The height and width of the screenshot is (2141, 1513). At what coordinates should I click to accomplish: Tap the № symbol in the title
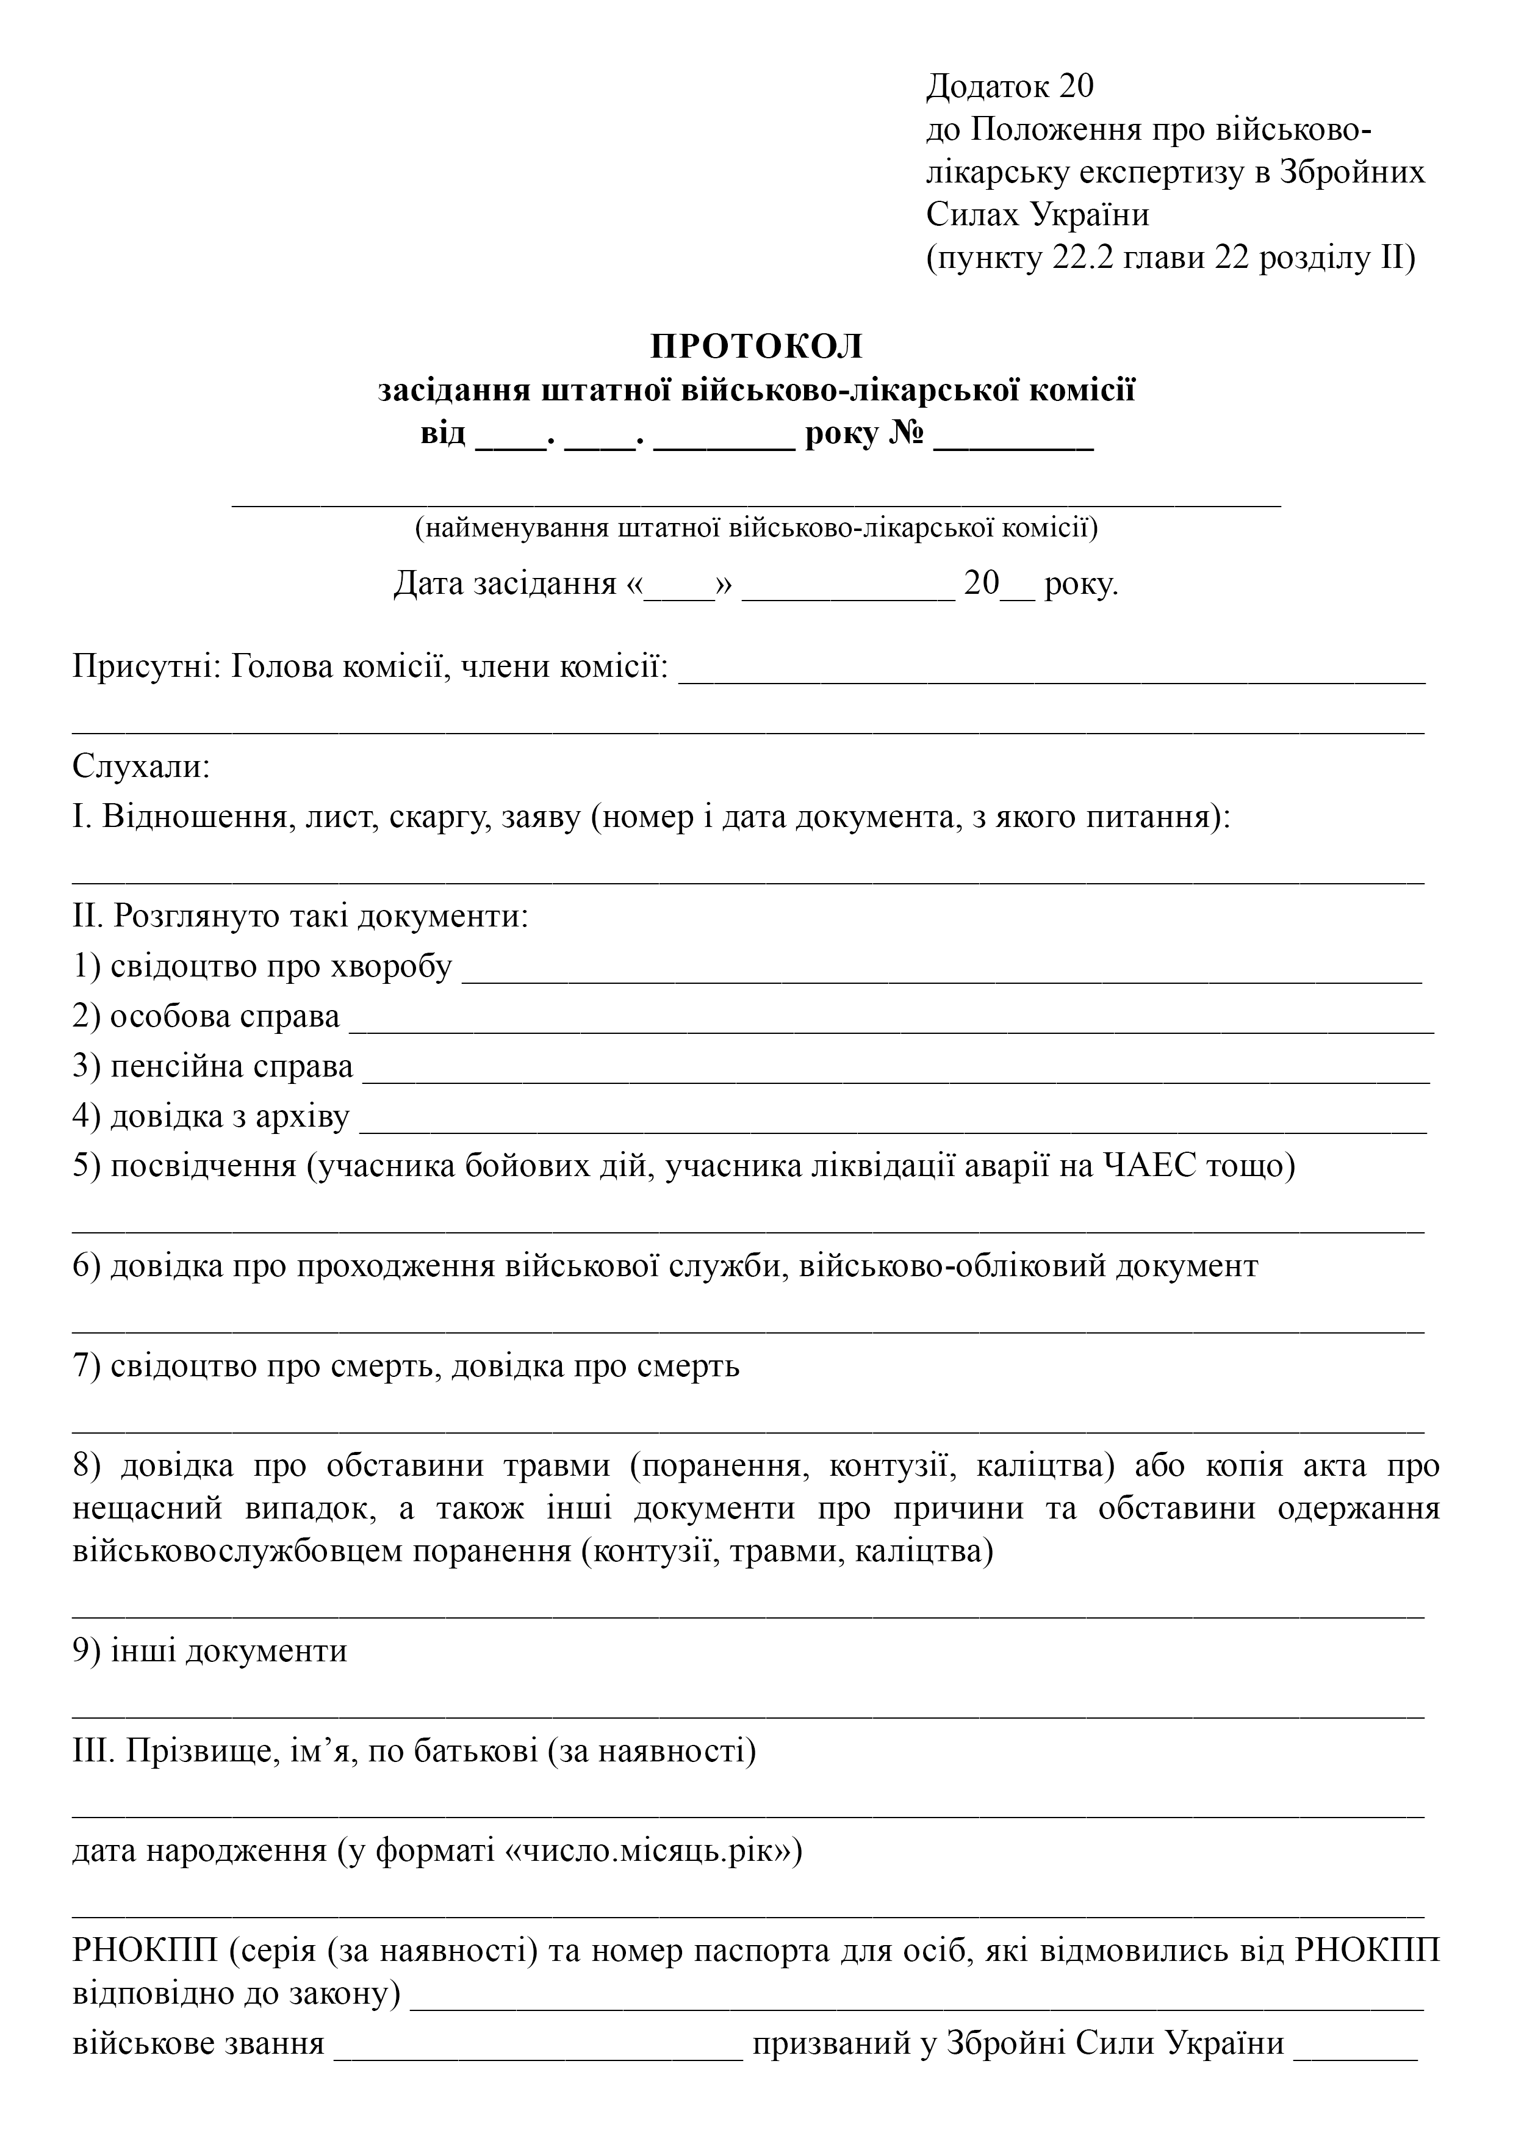[904, 435]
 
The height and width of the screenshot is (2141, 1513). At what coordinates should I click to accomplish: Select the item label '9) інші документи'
[210, 1650]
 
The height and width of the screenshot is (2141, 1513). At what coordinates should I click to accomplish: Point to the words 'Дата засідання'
[505, 583]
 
